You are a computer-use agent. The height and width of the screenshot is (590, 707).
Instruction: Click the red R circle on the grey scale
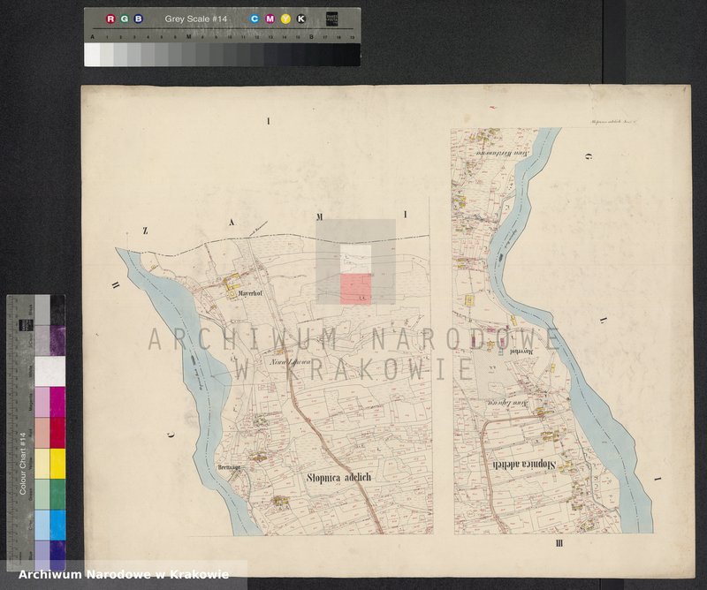[110, 19]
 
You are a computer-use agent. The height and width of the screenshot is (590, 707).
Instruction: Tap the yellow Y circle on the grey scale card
[285, 19]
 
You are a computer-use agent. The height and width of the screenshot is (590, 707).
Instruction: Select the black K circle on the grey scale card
[300, 19]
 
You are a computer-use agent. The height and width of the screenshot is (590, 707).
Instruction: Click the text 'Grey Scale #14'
[195, 19]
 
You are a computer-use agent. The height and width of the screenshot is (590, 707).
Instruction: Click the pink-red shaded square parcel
[355, 289]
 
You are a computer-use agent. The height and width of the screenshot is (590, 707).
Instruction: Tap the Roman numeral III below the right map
[558, 542]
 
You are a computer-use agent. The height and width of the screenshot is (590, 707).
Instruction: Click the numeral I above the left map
[268, 118]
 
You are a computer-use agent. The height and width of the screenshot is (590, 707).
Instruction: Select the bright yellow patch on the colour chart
[43, 462]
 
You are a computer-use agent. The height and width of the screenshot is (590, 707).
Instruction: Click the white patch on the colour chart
[43, 369]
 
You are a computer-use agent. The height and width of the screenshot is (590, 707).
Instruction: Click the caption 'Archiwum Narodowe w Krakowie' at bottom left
[124, 575]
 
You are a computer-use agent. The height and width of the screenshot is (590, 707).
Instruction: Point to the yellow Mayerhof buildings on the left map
[232, 284]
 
